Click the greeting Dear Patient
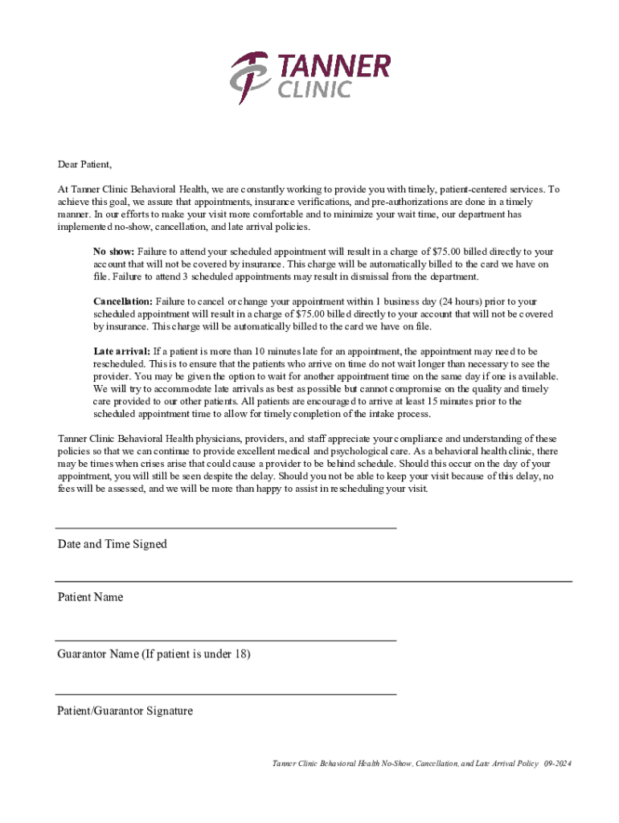pyautogui.click(x=84, y=165)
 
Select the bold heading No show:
pyautogui.click(x=114, y=252)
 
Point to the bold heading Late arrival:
pyautogui.click(x=121, y=351)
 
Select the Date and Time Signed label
pyautogui.click(x=112, y=544)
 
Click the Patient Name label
pyautogui.click(x=90, y=597)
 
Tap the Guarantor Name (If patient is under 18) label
pyautogui.click(x=154, y=654)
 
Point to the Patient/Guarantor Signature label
pyautogui.click(x=125, y=711)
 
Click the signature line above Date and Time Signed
pyautogui.click(x=225, y=528)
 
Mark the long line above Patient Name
pyautogui.click(x=314, y=580)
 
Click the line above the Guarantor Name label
pyautogui.click(x=225, y=640)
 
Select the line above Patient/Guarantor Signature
pyautogui.click(x=225, y=694)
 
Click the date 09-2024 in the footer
pyautogui.click(x=557, y=764)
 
